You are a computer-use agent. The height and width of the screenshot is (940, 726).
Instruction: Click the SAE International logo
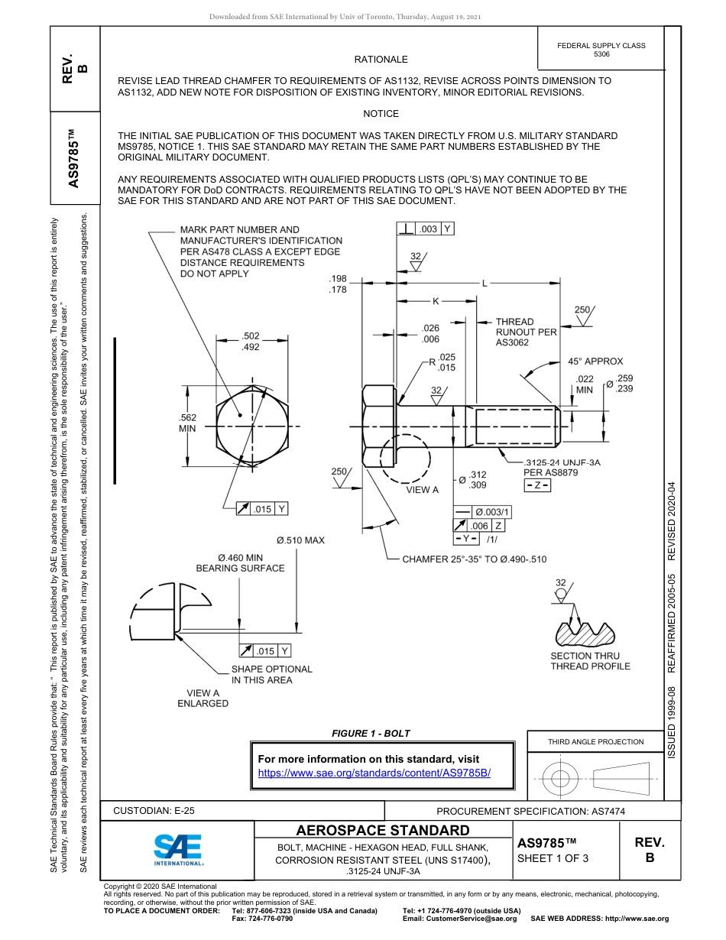178,849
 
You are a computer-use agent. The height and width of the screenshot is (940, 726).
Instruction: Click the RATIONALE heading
381,60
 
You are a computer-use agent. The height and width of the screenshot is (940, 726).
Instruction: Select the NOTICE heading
381,114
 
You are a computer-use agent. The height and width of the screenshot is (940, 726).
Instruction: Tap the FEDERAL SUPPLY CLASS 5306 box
601,50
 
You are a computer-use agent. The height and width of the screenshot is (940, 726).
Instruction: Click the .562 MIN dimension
187,423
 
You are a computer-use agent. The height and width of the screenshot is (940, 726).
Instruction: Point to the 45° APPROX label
595,361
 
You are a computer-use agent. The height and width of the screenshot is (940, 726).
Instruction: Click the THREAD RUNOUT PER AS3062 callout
526,332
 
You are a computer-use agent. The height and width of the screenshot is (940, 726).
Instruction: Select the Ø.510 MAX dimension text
300,540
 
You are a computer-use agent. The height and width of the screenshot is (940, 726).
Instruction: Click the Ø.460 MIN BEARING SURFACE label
240,563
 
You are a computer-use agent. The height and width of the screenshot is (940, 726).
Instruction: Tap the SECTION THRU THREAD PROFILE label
590,661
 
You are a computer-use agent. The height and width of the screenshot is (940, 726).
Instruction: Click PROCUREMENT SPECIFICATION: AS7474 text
530,812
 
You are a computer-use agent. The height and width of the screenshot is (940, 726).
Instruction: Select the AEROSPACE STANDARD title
382,831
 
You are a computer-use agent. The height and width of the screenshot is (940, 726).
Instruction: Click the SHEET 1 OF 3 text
553,858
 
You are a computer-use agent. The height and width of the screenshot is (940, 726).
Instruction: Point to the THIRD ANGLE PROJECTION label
595,741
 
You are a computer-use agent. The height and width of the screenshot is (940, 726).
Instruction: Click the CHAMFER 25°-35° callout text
475,559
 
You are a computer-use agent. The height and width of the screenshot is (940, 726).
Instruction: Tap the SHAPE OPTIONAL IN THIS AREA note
271,674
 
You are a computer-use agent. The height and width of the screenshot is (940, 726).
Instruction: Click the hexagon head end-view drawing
252,426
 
